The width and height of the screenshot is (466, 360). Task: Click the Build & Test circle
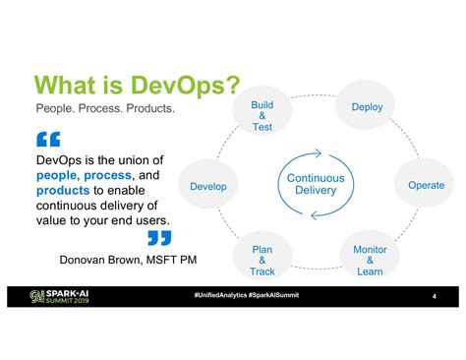262,114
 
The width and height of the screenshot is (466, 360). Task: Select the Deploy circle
366,106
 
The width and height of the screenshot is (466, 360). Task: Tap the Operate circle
425,185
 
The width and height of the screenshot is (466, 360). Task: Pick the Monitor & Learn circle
370,260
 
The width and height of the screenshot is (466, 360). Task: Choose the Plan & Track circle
262,260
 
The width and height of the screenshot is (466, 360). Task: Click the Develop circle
207,186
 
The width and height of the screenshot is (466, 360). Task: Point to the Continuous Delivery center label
315,185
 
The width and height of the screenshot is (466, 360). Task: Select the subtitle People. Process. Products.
104,108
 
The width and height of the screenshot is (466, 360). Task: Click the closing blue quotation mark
158,237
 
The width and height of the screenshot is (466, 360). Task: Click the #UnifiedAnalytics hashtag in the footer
220,295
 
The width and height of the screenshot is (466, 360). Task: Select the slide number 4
434,296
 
